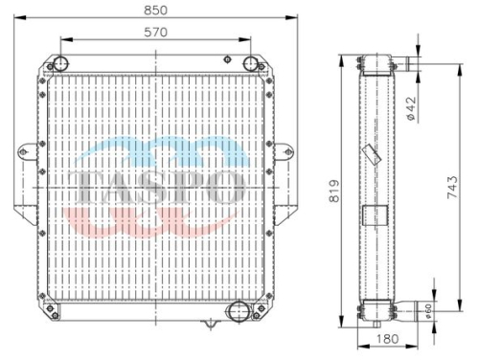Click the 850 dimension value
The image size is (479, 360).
[x=155, y=11]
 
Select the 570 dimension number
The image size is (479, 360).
[x=155, y=33]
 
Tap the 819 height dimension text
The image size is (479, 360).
[x=334, y=191]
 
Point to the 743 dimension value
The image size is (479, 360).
[x=452, y=187]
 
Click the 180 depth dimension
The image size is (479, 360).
[x=387, y=339]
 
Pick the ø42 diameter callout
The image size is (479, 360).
[x=412, y=108]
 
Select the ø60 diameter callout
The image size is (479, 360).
[x=428, y=310]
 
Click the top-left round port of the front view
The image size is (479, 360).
[x=60, y=63]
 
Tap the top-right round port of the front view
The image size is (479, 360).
[x=250, y=63]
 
